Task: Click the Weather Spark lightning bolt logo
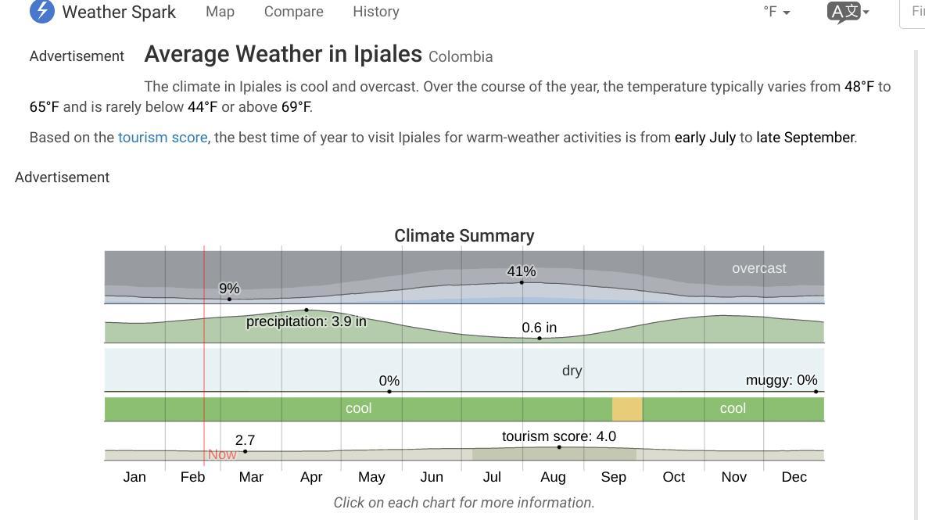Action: pyautogui.click(x=42, y=12)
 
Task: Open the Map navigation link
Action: pyautogui.click(x=220, y=12)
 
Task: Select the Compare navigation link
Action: pyautogui.click(x=293, y=12)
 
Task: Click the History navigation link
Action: pyautogui.click(x=375, y=12)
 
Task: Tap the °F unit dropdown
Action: pyautogui.click(x=776, y=12)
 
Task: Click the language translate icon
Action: pyautogui.click(x=848, y=12)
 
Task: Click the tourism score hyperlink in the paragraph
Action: pyautogui.click(x=163, y=138)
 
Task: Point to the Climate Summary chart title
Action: pyautogui.click(x=464, y=236)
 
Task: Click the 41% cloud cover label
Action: pyautogui.click(x=522, y=271)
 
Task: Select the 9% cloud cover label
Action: pyautogui.click(x=229, y=289)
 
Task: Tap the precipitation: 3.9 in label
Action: pyautogui.click(x=306, y=321)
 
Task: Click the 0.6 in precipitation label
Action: pyautogui.click(x=540, y=328)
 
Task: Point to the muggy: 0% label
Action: pyautogui.click(x=781, y=380)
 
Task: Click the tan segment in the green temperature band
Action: pyautogui.click(x=627, y=409)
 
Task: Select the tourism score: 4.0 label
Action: pyautogui.click(x=558, y=436)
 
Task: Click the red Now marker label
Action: pyautogui.click(x=222, y=454)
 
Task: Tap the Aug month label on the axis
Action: pyautogui.click(x=553, y=477)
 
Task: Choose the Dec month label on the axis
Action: pyautogui.click(x=794, y=477)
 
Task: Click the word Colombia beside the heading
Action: pyautogui.click(x=461, y=57)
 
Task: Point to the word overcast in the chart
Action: pyautogui.click(x=758, y=268)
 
